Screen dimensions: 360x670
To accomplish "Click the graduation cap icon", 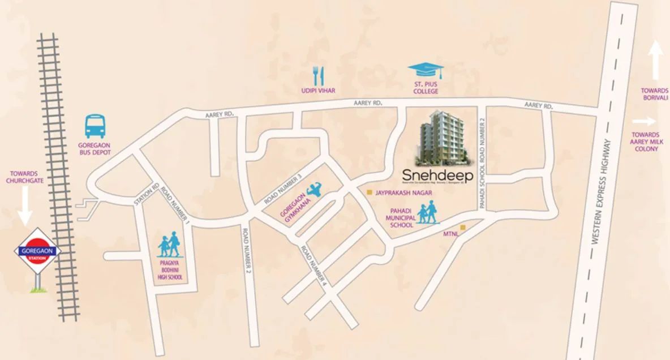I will point(426,71).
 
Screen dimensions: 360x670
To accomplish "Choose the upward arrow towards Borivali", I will point(656,61).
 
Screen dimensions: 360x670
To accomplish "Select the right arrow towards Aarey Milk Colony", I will point(644,121).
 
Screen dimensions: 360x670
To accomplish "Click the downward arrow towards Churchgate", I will point(24,207).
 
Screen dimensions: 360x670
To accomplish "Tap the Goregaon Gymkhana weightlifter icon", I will point(313,190).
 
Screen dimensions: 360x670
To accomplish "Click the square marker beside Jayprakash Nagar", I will point(370,192).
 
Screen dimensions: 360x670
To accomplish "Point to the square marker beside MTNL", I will point(463,228).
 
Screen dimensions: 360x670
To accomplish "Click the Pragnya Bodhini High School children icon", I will point(170,246).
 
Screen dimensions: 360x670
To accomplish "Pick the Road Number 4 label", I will point(314,265).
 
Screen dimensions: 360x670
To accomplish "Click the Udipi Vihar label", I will point(319,91).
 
